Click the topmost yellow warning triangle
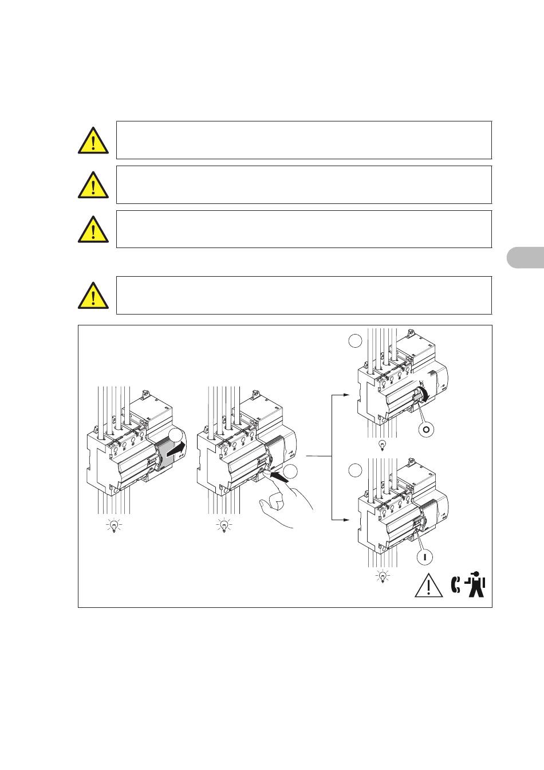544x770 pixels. point(93,141)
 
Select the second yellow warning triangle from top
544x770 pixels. point(93,186)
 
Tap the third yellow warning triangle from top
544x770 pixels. point(93,230)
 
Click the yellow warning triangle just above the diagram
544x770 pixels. point(93,296)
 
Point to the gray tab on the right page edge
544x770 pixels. point(526,257)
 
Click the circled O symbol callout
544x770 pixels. point(426,429)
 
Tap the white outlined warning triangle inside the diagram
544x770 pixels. point(428,586)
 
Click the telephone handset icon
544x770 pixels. point(456,585)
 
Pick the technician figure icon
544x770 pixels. point(475,584)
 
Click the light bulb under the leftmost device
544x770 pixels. point(114,525)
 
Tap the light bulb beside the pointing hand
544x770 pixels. point(224,525)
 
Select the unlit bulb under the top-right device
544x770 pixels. point(382,446)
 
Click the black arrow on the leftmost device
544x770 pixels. point(176,450)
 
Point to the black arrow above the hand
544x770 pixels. point(279,477)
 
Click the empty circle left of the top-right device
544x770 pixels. point(356,341)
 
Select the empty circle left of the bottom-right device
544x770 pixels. point(356,470)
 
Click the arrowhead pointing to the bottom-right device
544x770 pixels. point(346,520)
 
